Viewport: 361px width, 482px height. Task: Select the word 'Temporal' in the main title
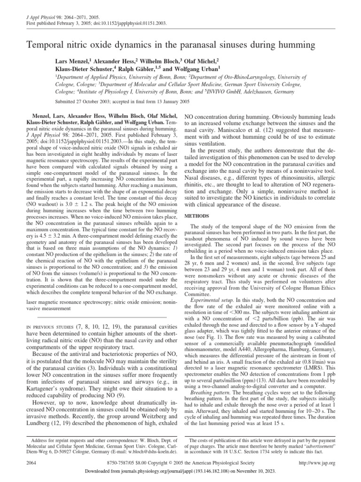(x=45, y=46)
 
